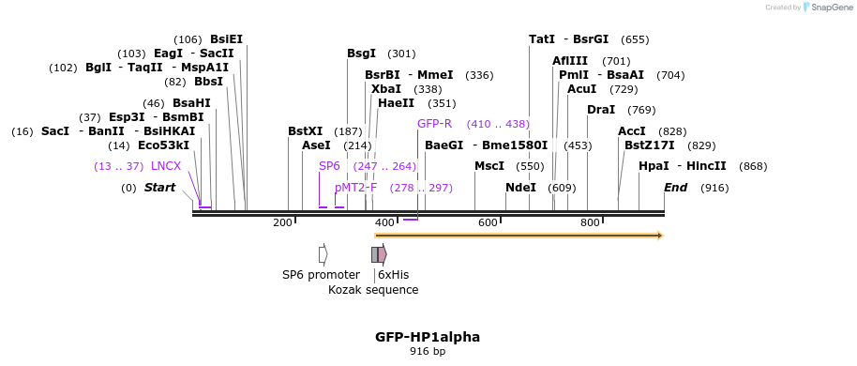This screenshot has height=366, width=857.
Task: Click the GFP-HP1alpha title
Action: pyautogui.click(x=428, y=337)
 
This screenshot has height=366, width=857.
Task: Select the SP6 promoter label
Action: pyautogui.click(x=321, y=275)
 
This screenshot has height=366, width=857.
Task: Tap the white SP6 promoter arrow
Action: pyautogui.click(x=323, y=254)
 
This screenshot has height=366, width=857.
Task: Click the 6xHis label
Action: pyautogui.click(x=393, y=275)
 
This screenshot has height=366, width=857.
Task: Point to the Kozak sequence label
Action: pyautogui.click(x=373, y=290)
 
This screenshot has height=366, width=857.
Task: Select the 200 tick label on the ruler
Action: pyautogui.click(x=282, y=222)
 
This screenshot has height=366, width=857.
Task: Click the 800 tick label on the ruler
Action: pyautogui.click(x=590, y=222)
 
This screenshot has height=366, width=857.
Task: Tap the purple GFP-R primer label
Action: pyautogui.click(x=434, y=124)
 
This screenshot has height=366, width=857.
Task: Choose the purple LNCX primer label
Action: pyautogui.click(x=166, y=166)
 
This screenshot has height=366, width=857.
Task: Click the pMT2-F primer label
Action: pyautogui.click(x=355, y=188)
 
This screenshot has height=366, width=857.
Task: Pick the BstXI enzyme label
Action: pyautogui.click(x=305, y=132)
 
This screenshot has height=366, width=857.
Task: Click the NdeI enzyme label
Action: pyautogui.click(x=520, y=188)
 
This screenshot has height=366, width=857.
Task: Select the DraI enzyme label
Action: pyautogui.click(x=600, y=110)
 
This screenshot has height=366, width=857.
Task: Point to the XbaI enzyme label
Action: pyautogui.click(x=385, y=89)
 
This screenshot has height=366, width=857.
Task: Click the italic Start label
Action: pyautogui.click(x=159, y=188)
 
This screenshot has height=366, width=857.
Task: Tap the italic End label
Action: pyautogui.click(x=675, y=188)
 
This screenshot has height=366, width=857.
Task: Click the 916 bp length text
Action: pyautogui.click(x=428, y=352)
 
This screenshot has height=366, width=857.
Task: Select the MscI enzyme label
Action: pyautogui.click(x=489, y=166)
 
